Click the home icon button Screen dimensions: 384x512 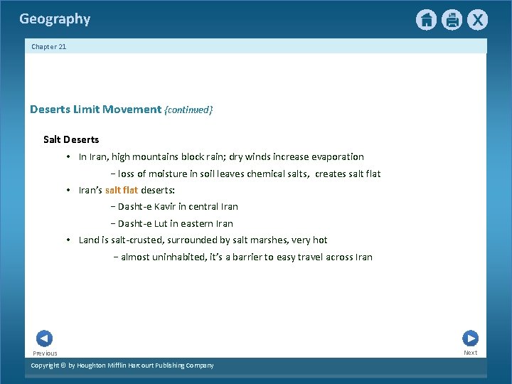[x=426, y=20]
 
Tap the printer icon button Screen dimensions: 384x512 [x=452, y=20]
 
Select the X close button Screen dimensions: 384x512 [x=477, y=20]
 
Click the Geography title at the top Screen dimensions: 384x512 [x=55, y=19]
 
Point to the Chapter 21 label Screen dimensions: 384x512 [x=48, y=47]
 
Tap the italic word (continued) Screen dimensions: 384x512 [x=188, y=110]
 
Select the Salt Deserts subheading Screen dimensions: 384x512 [x=71, y=139]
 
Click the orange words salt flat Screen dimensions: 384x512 [x=122, y=190]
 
